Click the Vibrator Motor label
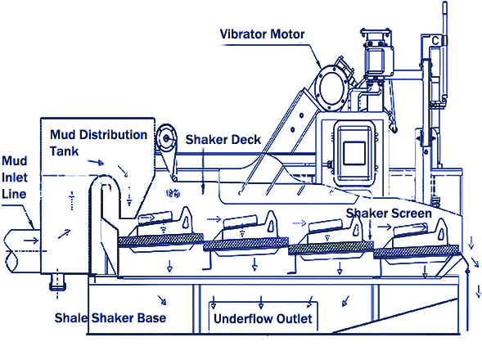coord(262,34)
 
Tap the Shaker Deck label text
coord(223,140)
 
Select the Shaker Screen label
coord(389,213)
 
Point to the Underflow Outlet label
coord(263,318)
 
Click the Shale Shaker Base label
coord(110,318)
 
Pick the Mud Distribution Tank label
coord(99,142)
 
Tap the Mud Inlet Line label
coord(15,178)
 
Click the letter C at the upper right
coord(435,41)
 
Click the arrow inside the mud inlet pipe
coord(31,240)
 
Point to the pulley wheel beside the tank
coord(166,138)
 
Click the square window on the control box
coord(354,153)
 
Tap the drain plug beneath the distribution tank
coord(57,282)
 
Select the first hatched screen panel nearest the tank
coord(160,240)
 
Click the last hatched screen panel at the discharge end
coord(417,252)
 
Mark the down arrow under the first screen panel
coord(169,266)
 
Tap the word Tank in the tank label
coord(65,151)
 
